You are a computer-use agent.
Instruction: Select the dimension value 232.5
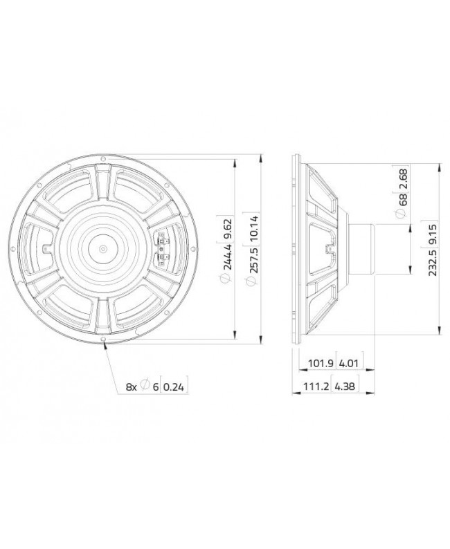[433, 261]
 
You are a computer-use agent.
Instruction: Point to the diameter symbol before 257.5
[253, 281]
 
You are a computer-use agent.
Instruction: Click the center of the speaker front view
[103, 248]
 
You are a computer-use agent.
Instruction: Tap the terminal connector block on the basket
[163, 249]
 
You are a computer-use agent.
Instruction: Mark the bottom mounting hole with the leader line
[103, 342]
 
